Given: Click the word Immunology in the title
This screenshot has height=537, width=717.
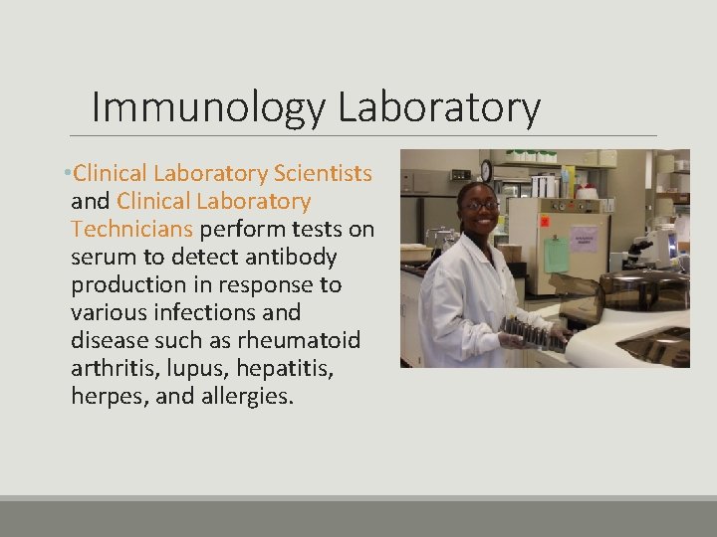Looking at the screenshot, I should point(208,107).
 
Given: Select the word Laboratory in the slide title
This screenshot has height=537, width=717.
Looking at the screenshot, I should point(438,107).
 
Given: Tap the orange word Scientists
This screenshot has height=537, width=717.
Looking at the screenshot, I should point(324,174).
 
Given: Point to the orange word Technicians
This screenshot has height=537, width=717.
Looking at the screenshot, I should point(131,230).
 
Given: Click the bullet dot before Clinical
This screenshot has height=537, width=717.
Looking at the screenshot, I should point(65,175).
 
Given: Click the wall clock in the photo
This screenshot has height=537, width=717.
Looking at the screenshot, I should point(486,170).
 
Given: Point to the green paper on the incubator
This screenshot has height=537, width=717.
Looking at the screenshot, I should point(557,253).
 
